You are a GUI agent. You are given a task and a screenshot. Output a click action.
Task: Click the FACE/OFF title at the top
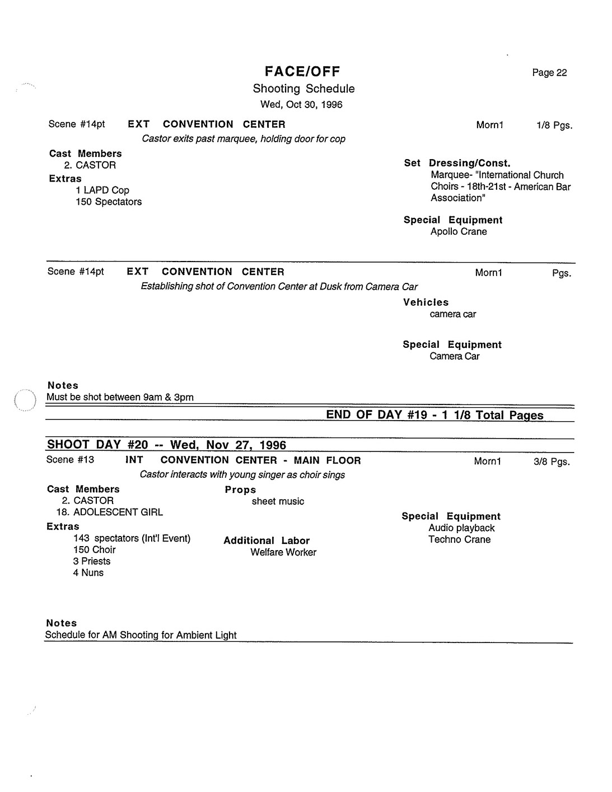coord(302,71)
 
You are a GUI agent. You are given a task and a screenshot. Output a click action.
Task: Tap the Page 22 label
coord(549,73)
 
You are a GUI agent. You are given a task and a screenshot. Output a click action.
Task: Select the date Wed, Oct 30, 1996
coord(301,105)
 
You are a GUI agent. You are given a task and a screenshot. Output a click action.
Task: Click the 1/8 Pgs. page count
coord(554,125)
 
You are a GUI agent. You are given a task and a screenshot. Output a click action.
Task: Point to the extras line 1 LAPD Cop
coord(102,190)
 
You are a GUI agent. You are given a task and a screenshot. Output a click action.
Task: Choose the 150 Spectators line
coord(109,202)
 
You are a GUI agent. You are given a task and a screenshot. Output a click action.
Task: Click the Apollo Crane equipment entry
coord(459,232)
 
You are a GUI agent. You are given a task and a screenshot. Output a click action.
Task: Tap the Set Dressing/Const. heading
coord(457,163)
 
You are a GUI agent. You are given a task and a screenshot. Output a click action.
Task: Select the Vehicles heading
coord(426,302)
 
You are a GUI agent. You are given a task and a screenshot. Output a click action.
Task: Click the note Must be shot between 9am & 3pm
coord(120,397)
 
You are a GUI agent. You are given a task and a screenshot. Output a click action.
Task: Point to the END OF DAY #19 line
coord(435,415)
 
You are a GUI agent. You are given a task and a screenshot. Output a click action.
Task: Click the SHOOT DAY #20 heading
coord(166,445)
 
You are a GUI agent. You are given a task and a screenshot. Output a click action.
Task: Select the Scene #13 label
coord(71,460)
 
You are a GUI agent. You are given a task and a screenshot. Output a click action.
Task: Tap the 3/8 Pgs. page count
coord(552,462)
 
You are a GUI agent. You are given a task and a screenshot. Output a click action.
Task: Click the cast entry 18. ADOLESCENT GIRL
coord(109,512)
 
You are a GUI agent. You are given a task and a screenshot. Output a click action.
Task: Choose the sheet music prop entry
coord(278,501)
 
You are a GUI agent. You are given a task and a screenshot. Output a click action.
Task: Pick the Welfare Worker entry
coord(283,552)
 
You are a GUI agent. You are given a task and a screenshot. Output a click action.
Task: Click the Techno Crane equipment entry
coord(459,539)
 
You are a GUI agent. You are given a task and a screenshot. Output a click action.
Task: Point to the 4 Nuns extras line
coord(88,573)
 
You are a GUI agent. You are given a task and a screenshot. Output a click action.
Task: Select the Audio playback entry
coord(461,528)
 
